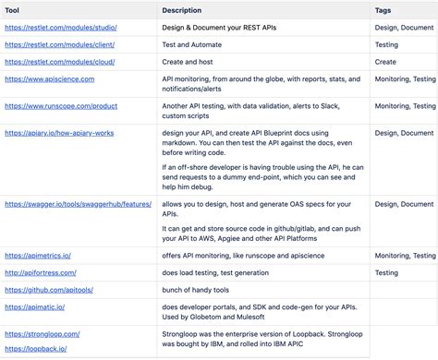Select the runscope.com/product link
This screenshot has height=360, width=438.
point(61,106)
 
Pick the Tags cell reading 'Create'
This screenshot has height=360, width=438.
point(385,62)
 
